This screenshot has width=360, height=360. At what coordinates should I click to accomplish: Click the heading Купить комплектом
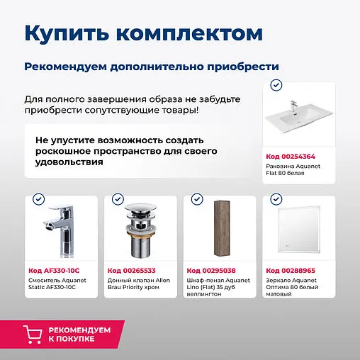143,33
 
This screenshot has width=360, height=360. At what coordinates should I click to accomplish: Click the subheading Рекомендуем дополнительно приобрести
151,66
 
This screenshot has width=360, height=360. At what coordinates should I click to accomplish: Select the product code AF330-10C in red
54,271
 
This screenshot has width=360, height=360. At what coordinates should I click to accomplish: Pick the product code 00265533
132,271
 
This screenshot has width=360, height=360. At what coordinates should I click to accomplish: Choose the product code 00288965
290,271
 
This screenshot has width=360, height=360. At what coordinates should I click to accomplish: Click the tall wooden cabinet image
217,230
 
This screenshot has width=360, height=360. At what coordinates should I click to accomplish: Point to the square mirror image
296,230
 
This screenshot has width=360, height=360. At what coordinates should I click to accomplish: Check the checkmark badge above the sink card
276,85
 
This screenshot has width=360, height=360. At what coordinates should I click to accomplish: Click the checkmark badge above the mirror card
276,199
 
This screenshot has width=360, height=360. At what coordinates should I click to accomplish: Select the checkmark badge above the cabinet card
197,199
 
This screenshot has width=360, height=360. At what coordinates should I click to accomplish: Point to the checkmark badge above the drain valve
118,199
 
